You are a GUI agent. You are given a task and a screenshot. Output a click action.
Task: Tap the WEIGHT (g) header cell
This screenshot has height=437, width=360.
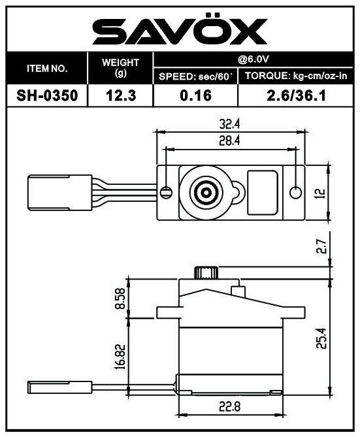[x=121, y=68]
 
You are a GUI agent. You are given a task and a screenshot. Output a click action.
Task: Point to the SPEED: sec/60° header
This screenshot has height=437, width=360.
[x=195, y=76]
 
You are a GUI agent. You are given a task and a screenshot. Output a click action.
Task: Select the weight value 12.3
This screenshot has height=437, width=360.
[x=121, y=96]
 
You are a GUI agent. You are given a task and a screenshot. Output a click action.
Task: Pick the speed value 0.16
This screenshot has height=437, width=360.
[x=195, y=96]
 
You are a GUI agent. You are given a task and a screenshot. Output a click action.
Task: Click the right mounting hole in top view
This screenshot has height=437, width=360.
[x=296, y=192]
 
